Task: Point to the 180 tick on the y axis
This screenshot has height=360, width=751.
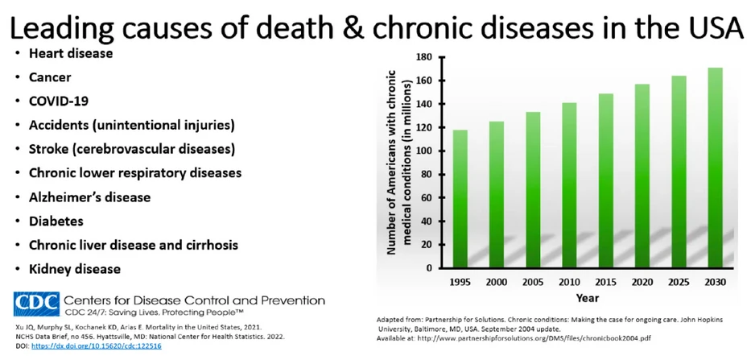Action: [x=424, y=57]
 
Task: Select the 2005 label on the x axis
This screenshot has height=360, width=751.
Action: [x=532, y=283]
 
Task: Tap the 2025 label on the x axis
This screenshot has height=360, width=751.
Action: [x=678, y=283]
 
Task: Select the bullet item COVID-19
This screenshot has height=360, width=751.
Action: [x=59, y=101]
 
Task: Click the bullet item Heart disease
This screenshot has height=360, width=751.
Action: [x=71, y=53]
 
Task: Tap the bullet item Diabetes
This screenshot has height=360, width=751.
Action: [x=56, y=221]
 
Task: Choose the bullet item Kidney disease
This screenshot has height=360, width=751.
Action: [x=75, y=268]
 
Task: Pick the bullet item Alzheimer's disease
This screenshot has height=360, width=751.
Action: [x=89, y=197]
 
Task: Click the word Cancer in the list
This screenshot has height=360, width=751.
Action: [x=50, y=77]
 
